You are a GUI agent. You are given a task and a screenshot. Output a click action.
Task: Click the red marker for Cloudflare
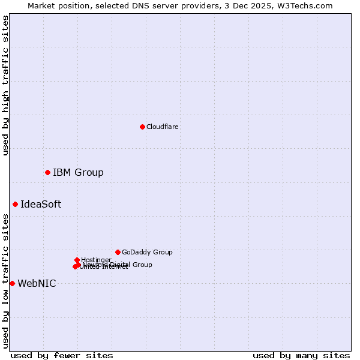coord(142,127)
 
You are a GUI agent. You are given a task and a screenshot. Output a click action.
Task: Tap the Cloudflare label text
coord(162,127)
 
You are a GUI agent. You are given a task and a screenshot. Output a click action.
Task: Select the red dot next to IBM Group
coord(47,172)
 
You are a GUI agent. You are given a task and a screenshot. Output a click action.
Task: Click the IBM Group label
coord(78,173)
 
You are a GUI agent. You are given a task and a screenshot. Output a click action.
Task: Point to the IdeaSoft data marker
coord(15,204)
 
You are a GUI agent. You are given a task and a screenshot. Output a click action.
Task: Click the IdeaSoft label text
coord(41,204)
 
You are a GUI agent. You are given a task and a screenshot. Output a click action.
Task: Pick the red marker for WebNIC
coord(12,283)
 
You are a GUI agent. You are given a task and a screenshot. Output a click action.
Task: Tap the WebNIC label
coord(37,283)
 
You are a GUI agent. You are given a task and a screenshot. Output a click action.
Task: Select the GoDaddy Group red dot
coord(118,252)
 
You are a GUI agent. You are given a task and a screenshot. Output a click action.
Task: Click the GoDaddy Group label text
coord(147,252)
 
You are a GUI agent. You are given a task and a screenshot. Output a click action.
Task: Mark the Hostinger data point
coord(77,260)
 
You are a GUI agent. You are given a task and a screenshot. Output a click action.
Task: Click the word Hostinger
coord(97,260)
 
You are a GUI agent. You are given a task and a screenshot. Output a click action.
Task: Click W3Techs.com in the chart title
coord(306,5)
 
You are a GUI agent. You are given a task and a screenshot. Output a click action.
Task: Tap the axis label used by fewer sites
coord(62,355)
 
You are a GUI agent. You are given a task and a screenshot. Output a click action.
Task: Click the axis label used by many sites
coord(301,355)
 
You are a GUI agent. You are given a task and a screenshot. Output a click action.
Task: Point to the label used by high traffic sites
coord(5,85)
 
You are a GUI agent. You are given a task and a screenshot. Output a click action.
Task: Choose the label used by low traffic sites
coord(5,281)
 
